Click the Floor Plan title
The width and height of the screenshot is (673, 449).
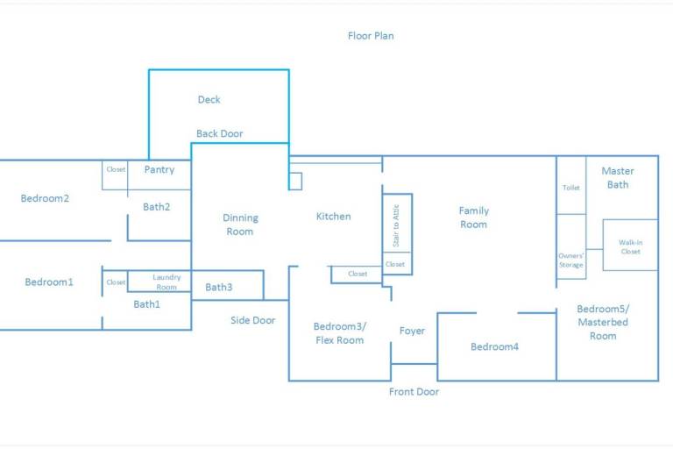pos(371,36)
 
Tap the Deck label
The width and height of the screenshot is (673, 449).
pos(209,100)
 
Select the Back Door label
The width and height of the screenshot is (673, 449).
pos(220,133)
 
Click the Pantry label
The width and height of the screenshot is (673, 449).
pos(159,170)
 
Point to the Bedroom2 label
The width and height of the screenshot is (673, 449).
pos(45,198)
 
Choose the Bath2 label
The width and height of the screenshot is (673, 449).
pos(156,207)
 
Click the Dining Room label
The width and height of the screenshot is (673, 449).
pos(240,224)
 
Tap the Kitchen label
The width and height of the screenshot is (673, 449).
pos(334,216)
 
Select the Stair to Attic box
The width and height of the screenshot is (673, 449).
pos(397,223)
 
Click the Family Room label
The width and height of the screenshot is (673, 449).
pos(474,217)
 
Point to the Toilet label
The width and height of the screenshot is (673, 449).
pos(570,188)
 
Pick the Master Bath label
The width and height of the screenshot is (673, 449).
pos(618,178)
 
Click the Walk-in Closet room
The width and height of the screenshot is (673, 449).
pos(631,245)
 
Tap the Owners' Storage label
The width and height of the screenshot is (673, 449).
pos(570,260)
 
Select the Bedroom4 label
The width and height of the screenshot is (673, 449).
pos(494,346)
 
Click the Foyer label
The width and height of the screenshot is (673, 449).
pos(412,331)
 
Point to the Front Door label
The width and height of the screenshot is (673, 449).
pos(414,391)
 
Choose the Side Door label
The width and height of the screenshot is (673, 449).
pos(252,320)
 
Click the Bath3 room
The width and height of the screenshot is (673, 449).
pos(228,285)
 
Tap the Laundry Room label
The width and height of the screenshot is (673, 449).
pos(166,282)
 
